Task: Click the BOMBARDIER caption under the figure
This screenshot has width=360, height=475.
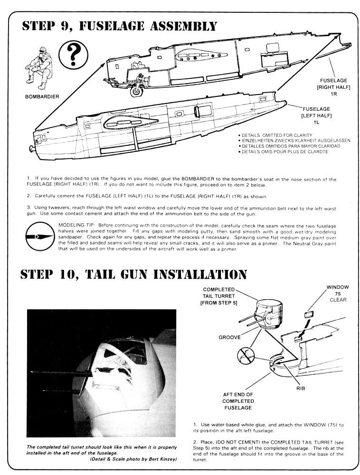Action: (42, 96)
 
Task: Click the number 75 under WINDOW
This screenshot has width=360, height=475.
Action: (337, 294)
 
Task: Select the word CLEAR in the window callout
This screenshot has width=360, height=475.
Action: (337, 300)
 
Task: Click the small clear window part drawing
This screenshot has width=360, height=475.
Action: (309, 313)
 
